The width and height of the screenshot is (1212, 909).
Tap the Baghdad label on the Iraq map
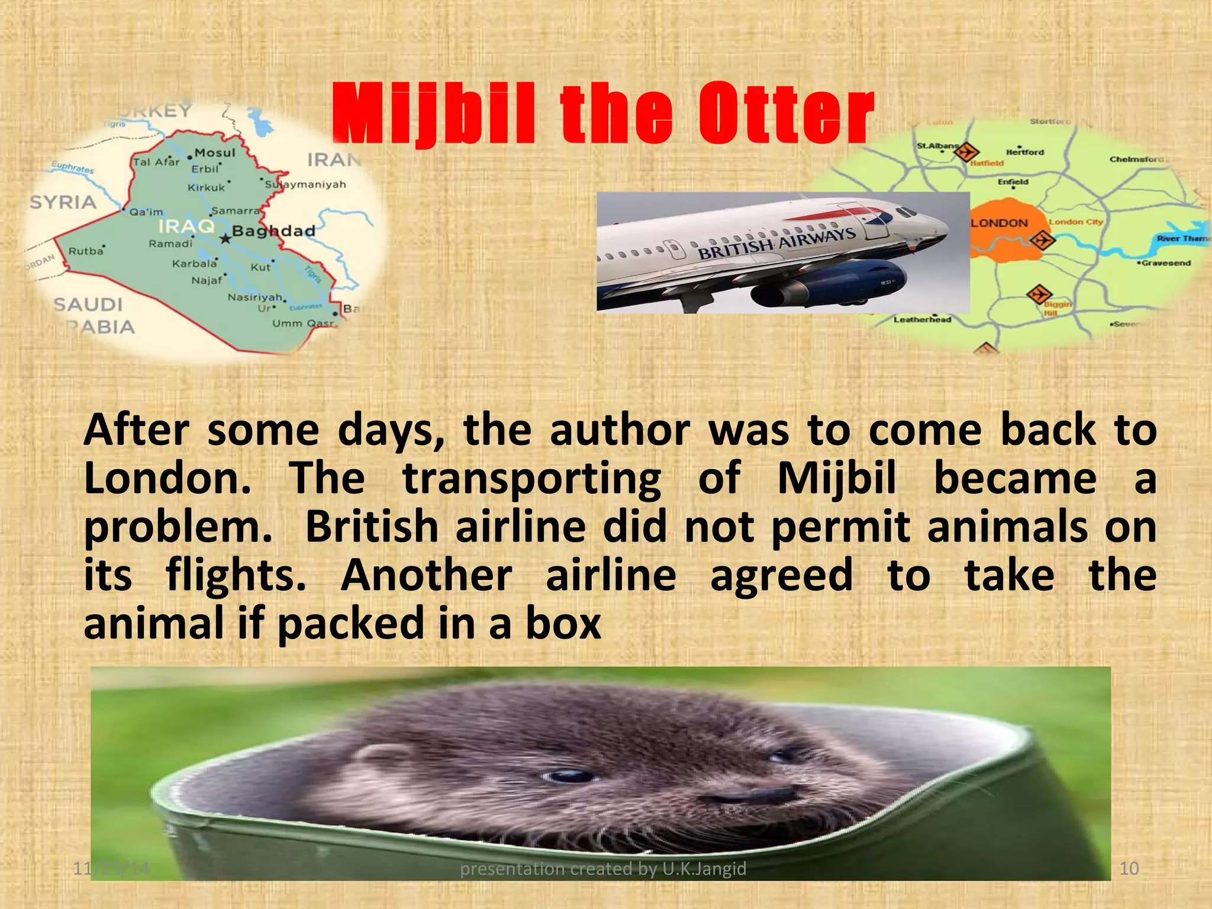pos(273,231)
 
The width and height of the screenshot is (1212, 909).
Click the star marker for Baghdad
pos(225,239)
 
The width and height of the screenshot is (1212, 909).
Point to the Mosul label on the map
pos(215,153)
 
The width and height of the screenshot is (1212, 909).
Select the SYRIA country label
pos(63,202)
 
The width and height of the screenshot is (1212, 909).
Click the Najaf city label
pos(207,280)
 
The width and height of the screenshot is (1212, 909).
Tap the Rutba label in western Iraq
pos(86,251)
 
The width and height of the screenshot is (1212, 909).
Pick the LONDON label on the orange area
pos(1000,223)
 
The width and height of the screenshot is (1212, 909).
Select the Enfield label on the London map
pos(1013,182)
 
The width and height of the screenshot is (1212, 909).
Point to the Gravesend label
pos(1166,263)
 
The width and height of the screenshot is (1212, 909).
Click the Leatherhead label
pos(922,320)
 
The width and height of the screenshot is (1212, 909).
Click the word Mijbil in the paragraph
pos(836,478)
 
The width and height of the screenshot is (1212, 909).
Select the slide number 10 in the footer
pos(1129,868)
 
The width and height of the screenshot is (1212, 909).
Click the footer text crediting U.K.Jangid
pos(603,868)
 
